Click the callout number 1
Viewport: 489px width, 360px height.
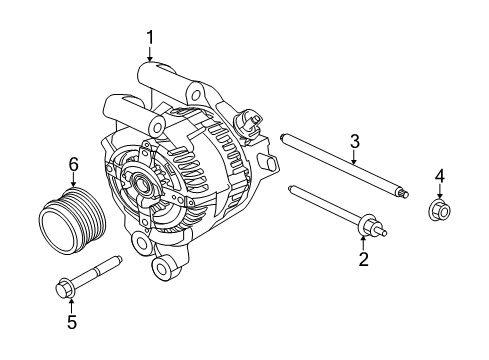tap(150, 38)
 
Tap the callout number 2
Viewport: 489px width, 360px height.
tap(363, 260)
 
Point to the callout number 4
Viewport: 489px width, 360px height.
tap(439, 178)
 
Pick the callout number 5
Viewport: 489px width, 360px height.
tap(70, 322)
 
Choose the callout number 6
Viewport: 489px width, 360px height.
tap(73, 164)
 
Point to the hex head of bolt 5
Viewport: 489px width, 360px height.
tap(60, 288)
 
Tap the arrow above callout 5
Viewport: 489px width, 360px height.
tap(70, 305)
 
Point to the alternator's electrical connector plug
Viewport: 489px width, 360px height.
tap(247, 124)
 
